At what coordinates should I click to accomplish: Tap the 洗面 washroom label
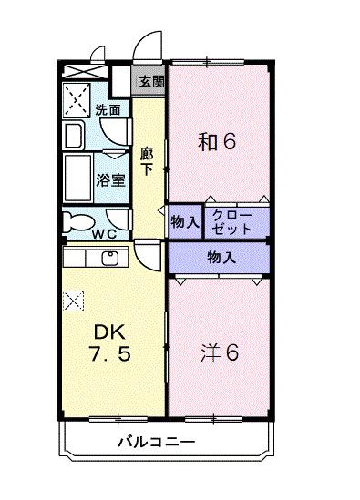(108, 110)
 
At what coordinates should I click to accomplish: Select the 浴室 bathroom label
(111, 180)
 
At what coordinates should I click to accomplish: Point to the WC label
(104, 234)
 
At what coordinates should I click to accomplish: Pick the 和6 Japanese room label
(217, 141)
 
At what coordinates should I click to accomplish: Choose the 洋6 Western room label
(220, 353)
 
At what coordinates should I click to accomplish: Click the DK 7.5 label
(110, 342)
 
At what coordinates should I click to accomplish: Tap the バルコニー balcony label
(157, 442)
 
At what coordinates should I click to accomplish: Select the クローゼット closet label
(232, 222)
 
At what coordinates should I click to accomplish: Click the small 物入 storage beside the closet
(185, 221)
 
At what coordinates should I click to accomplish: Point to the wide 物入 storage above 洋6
(221, 258)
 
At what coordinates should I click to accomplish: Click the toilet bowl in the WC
(77, 221)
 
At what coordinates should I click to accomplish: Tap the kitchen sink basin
(110, 258)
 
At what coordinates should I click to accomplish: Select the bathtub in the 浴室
(77, 178)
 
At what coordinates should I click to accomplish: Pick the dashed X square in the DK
(73, 301)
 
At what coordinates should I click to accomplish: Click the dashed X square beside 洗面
(77, 100)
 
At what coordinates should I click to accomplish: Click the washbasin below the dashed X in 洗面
(74, 135)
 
